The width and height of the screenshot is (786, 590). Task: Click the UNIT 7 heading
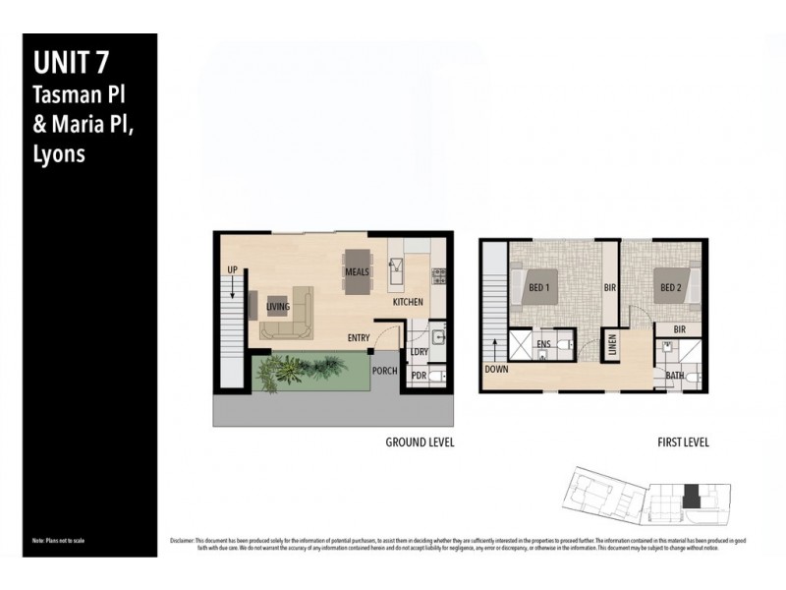pos(71,64)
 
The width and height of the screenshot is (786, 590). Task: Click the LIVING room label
pos(279,307)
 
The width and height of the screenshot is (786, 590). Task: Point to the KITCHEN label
pos(408,302)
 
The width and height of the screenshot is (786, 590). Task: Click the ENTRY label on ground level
pos(359,338)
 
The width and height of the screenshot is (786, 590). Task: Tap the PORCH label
pos(384,371)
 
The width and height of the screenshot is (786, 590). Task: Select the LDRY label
pos(420,351)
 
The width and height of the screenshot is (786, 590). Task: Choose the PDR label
pos(419,376)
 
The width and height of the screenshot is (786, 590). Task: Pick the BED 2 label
pos(671,287)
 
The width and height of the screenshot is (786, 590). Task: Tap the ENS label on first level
pos(543,344)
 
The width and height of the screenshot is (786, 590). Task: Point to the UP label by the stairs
pos(232,268)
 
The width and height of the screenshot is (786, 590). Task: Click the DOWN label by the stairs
pos(496,370)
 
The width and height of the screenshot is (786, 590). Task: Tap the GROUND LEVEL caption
pos(420,442)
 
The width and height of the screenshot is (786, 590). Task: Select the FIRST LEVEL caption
pos(683,442)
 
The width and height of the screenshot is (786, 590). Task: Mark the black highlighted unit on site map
pos(691,497)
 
